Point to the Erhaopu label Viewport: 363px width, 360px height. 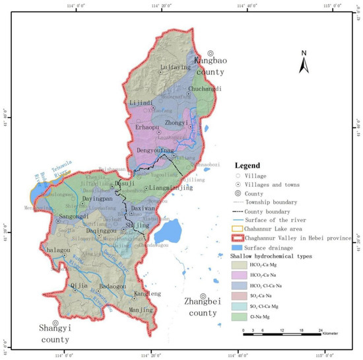pos(148,127)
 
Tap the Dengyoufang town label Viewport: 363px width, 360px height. pos(154,151)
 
